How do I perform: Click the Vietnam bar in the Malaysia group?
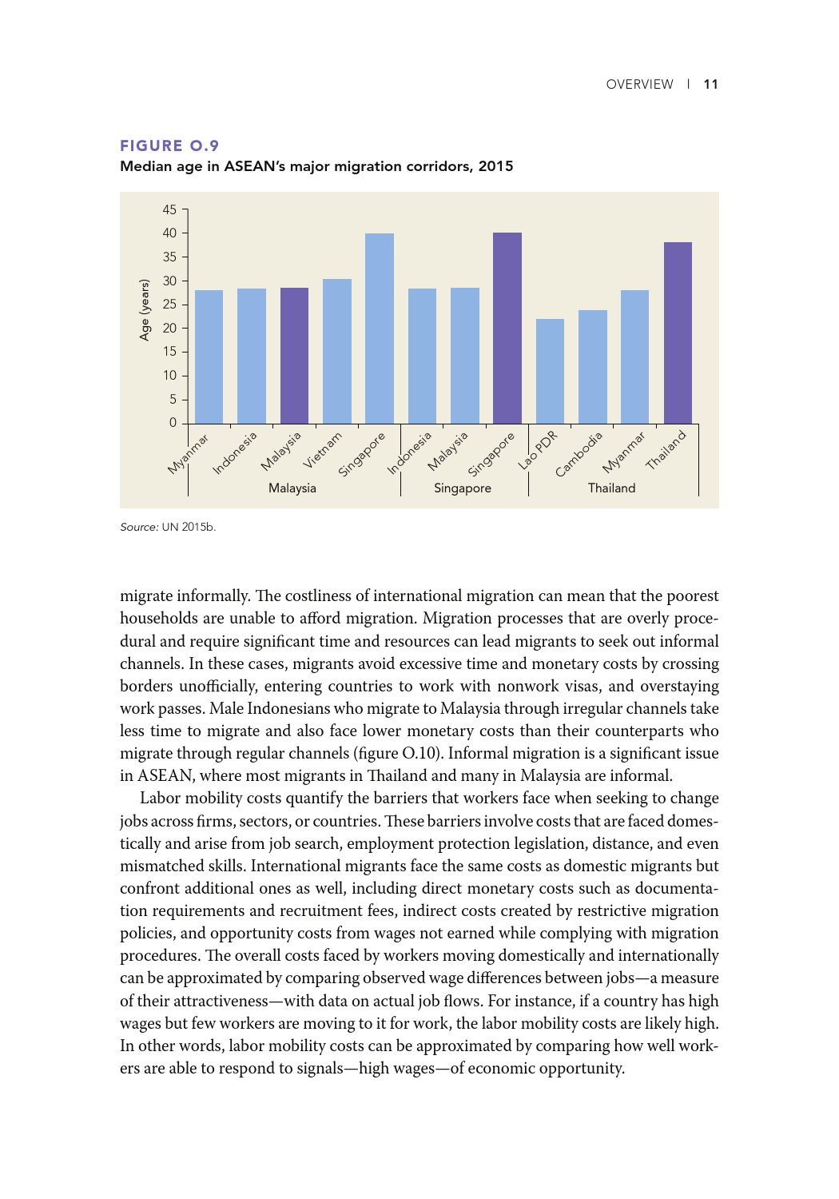click(x=336, y=351)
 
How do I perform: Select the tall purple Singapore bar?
click(x=507, y=328)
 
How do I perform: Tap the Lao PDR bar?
click(x=550, y=371)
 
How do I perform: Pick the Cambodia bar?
click(x=592, y=367)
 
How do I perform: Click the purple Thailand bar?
click(x=678, y=333)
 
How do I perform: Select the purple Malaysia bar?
click(x=294, y=356)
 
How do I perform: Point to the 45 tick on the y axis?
click(x=169, y=210)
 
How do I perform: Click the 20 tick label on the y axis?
click(x=169, y=328)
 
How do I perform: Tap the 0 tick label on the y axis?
click(x=173, y=423)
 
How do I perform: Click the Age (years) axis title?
click(x=145, y=310)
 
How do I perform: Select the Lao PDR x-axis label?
click(x=538, y=451)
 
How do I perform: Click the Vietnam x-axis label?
click(x=323, y=450)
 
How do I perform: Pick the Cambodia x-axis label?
click(x=579, y=454)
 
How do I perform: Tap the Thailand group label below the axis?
click(x=611, y=488)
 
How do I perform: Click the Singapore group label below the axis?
click(x=462, y=488)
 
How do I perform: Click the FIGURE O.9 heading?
click(x=169, y=145)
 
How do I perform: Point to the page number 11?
click(x=710, y=85)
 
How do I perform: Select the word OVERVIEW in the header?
click(x=639, y=85)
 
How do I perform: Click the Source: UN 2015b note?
click(x=168, y=527)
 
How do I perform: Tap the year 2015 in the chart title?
click(x=495, y=166)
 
